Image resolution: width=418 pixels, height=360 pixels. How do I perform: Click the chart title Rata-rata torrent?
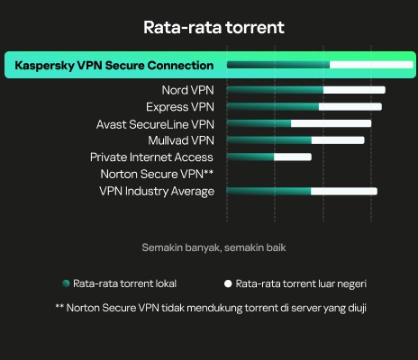click(214, 27)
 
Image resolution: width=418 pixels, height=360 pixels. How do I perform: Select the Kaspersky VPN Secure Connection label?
click(114, 66)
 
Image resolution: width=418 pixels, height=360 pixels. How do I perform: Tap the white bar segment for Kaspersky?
click(371, 65)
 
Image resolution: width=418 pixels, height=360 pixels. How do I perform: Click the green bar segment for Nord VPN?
click(275, 90)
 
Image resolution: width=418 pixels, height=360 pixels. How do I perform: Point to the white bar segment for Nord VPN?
click(354, 90)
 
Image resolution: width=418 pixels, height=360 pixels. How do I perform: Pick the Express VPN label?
click(180, 107)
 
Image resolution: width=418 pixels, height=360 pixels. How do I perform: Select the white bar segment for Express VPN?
click(350, 107)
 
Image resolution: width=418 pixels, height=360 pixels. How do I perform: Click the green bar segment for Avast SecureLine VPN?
click(259, 123)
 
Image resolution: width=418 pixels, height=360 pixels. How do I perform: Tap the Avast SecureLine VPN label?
click(155, 124)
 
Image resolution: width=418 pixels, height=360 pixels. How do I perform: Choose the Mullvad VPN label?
click(181, 140)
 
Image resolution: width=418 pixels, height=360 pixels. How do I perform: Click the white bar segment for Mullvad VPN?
click(338, 140)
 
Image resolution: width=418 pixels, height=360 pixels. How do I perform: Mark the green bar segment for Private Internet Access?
click(250, 157)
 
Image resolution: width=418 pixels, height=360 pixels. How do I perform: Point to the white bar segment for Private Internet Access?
click(293, 157)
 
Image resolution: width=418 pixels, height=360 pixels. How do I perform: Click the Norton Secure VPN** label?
click(157, 174)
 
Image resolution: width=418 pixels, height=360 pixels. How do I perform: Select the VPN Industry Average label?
click(157, 192)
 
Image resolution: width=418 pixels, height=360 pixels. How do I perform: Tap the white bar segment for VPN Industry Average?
click(344, 192)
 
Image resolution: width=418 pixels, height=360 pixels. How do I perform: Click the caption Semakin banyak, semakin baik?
click(214, 247)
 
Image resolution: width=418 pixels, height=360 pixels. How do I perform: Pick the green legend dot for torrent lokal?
click(66, 283)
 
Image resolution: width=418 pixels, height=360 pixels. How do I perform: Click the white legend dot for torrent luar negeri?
click(228, 283)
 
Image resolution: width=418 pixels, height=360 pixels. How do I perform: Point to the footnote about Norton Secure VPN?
click(211, 308)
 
